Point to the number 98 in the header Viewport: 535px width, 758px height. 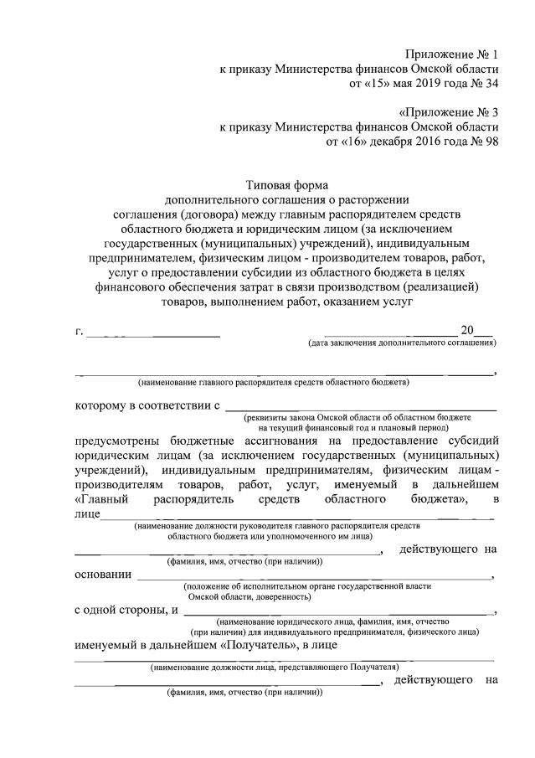click(492, 142)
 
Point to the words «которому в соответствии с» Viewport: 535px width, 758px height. click(147, 406)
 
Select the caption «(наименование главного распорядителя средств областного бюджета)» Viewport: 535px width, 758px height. click(273, 383)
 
